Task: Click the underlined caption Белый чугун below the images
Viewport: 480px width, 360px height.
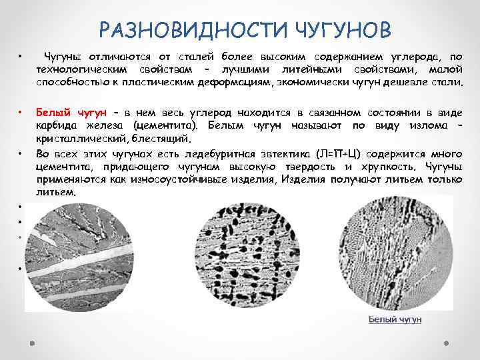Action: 395,319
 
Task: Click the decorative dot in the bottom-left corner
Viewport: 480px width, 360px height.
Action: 31,345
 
